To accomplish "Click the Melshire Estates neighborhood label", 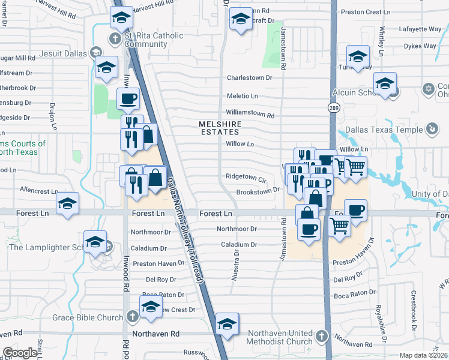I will point(220,128).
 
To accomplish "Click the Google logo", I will point(20,353).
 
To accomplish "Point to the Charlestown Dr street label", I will point(250,78).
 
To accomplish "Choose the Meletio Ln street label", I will point(242,96).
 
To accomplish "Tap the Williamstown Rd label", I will point(250,113).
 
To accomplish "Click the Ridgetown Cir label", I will point(246,178).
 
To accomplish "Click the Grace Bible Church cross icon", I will point(133,317).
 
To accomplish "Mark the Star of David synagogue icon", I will point(428,89).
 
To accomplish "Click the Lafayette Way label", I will point(421,28).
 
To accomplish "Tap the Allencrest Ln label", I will point(37,189).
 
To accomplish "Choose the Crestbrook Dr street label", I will point(414,305).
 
